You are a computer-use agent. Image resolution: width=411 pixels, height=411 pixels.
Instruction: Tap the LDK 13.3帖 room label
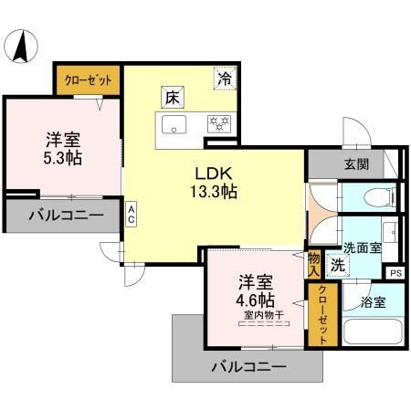tap(215, 181)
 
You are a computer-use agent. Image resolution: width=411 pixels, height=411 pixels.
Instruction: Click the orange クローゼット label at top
tap(89, 80)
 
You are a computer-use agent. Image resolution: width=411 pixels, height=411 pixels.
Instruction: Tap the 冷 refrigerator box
tap(224, 78)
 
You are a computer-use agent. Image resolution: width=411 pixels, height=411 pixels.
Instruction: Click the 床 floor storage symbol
tap(172, 96)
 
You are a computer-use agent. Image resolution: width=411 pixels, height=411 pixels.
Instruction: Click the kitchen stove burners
tap(220, 121)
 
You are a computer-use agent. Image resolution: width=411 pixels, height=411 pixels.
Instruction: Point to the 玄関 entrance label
tap(356, 164)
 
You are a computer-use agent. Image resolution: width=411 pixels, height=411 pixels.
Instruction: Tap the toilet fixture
tap(379, 196)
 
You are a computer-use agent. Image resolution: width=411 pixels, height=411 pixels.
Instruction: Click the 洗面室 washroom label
tap(363, 248)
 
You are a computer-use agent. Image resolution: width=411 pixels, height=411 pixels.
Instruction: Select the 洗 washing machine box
tap(337, 267)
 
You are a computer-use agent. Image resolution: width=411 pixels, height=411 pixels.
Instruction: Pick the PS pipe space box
tap(395, 272)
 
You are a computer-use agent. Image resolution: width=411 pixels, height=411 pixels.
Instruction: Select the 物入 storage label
tap(314, 263)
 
